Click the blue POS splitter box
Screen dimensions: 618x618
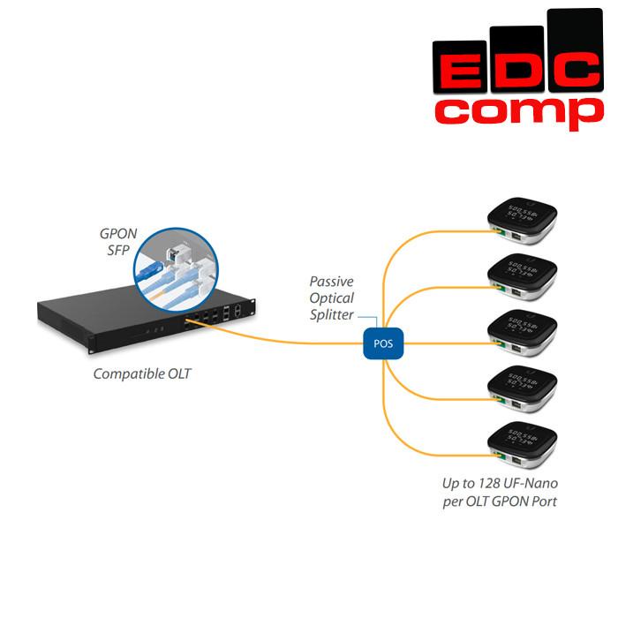383,343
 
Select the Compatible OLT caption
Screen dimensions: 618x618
142,374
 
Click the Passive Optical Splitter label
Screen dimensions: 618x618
331,298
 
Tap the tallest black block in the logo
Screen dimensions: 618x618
574,35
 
